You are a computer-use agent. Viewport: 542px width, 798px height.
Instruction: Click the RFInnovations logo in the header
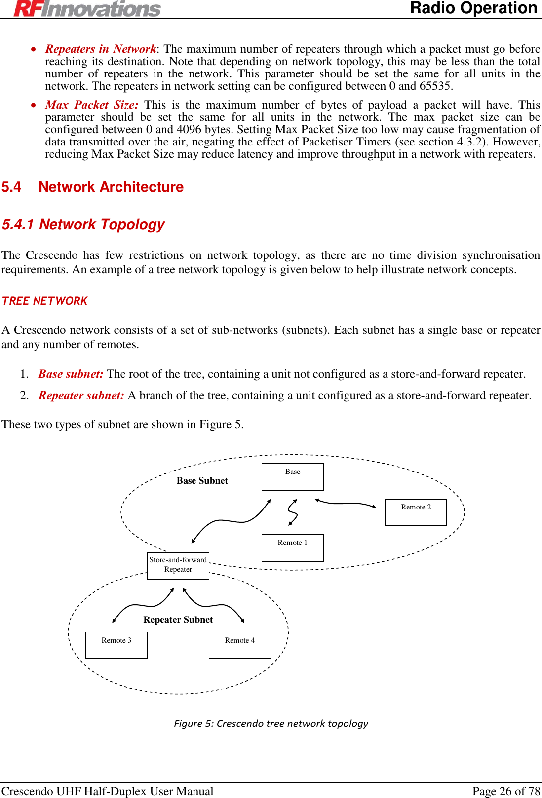coord(87,9)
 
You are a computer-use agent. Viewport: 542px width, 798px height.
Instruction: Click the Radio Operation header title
coord(473,8)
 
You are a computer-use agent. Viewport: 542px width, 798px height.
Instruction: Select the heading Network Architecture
coord(111,187)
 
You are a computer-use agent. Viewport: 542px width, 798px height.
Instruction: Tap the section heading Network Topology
coord(102,225)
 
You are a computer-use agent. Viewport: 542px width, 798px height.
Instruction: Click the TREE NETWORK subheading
coord(45,301)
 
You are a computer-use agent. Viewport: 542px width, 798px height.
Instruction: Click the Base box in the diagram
coord(292,476)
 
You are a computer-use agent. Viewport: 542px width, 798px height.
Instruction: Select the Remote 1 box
coord(292,547)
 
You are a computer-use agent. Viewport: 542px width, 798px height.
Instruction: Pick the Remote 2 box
coord(416,512)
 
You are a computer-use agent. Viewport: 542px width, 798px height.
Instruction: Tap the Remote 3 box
coord(116,645)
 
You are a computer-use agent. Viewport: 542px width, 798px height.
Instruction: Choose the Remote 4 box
coord(240,645)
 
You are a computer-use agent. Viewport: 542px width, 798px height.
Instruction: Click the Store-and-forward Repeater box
coord(178,565)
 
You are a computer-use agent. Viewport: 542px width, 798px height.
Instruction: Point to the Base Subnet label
coord(202,481)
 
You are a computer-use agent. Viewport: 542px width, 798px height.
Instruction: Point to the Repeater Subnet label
coord(178,620)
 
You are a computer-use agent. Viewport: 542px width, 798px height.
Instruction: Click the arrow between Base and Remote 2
coord(346,503)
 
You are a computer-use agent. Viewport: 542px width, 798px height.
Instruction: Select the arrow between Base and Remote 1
coord(293,512)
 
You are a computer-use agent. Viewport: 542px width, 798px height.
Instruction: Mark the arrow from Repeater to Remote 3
coord(143,604)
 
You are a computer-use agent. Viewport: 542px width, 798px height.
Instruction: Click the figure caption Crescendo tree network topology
coord(271,724)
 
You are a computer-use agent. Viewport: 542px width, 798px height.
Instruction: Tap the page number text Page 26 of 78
coord(506,791)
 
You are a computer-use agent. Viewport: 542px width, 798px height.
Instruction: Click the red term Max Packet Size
coord(92,105)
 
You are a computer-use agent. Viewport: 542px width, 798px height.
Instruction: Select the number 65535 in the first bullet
coord(435,86)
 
